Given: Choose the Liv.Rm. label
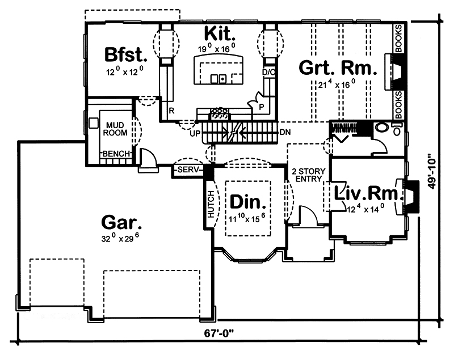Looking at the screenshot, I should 368,193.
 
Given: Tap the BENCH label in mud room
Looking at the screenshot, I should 116,154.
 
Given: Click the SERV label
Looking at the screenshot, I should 187,170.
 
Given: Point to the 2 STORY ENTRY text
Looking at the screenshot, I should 306,175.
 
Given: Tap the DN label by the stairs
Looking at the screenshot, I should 285,132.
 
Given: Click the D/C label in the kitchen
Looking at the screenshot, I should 268,73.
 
